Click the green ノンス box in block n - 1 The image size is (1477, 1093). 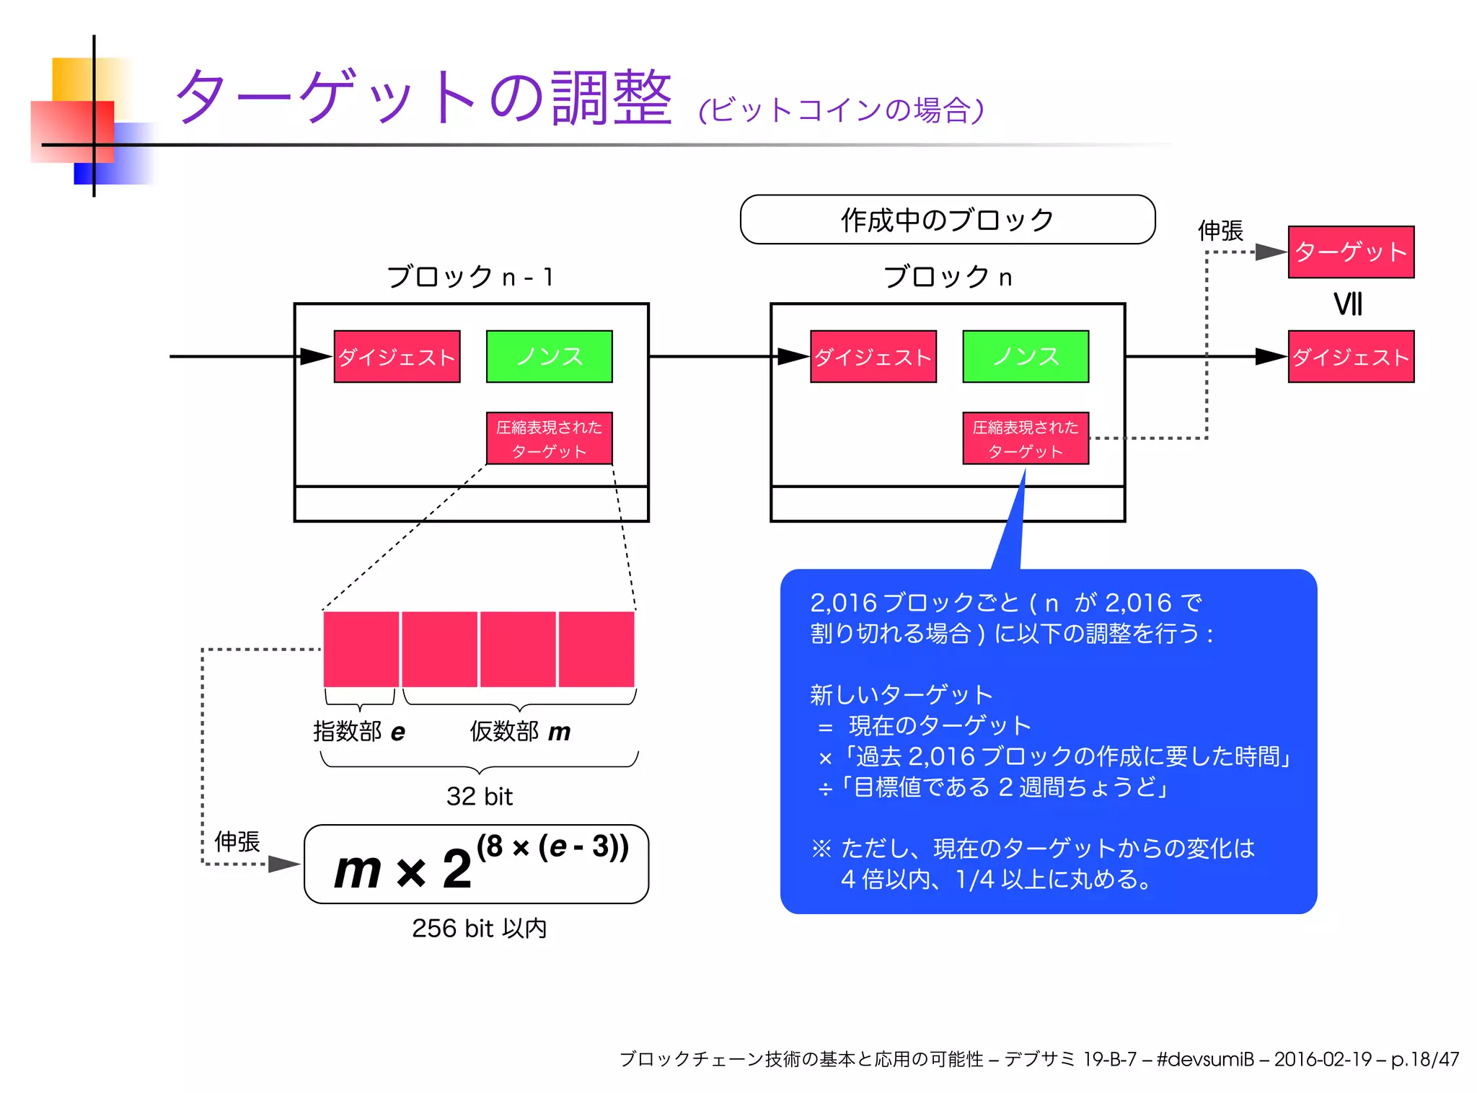[549, 356]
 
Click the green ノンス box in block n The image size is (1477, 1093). [1025, 356]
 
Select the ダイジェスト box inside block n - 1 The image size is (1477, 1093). [397, 356]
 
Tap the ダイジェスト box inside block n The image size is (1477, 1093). [873, 356]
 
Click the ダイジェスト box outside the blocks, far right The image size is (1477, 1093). [1351, 356]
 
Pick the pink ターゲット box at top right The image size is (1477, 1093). [1351, 252]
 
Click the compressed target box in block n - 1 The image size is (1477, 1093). [549, 438]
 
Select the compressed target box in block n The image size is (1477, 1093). [1025, 438]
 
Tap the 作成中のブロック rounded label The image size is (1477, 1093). [947, 219]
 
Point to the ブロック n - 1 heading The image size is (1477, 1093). [470, 277]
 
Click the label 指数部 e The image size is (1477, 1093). [359, 731]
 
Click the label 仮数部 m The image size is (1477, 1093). [520, 731]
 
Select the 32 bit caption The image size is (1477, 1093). [479, 796]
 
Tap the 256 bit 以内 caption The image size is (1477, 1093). [479, 928]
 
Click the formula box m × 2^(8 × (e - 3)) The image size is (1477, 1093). [476, 864]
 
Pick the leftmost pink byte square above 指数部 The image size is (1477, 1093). [361, 649]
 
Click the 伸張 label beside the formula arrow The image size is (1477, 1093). [237, 841]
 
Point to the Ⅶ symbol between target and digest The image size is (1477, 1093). [1348, 304]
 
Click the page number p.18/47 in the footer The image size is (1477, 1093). [1425, 1059]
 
